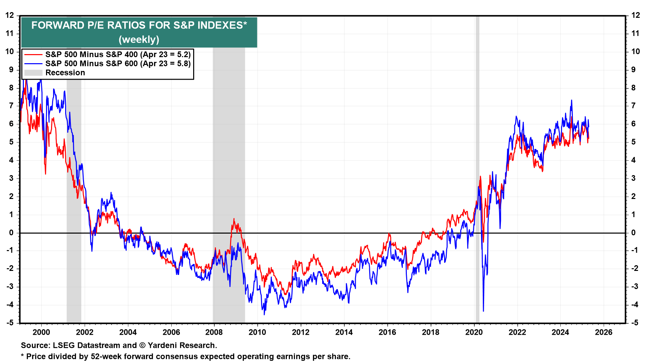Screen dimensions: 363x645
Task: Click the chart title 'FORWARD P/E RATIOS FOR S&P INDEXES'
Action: coord(139,26)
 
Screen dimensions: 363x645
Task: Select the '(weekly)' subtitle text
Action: coord(139,40)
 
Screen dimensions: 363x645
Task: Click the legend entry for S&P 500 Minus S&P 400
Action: coord(118,54)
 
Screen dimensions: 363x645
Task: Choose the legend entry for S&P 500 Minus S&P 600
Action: coord(118,64)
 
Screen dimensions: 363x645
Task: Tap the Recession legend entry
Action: coord(65,73)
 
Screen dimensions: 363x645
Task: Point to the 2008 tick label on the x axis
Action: coord(214,332)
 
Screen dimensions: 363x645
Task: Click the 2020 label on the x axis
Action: coord(474,332)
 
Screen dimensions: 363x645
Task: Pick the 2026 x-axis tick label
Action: coord(604,332)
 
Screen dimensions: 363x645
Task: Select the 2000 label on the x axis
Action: coord(41,332)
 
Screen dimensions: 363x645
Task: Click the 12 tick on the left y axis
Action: coord(9,15)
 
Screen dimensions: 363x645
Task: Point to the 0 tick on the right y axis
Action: coord(633,233)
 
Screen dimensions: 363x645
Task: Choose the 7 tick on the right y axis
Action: coord(633,106)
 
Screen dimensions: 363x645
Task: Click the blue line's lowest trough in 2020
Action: coord(483,311)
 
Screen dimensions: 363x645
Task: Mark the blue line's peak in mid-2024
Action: coord(571,100)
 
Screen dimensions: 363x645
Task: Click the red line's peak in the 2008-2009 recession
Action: coord(234,219)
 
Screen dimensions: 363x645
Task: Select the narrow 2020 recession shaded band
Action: coord(477,168)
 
